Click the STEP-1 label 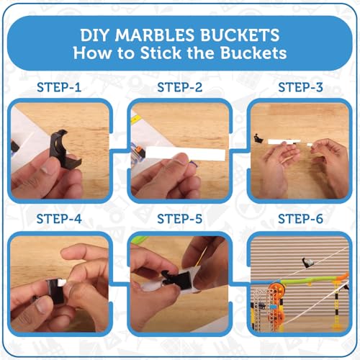[59, 87]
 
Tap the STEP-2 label [180, 87]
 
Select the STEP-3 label [300, 87]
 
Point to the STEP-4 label [59, 219]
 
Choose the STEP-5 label [180, 219]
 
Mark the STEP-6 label [300, 219]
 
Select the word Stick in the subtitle [161, 53]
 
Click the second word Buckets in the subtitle [253, 53]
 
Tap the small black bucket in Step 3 [258, 138]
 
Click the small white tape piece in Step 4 [61, 283]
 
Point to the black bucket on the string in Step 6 [307, 263]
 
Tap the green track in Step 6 [314, 279]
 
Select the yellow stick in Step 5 [201, 257]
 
